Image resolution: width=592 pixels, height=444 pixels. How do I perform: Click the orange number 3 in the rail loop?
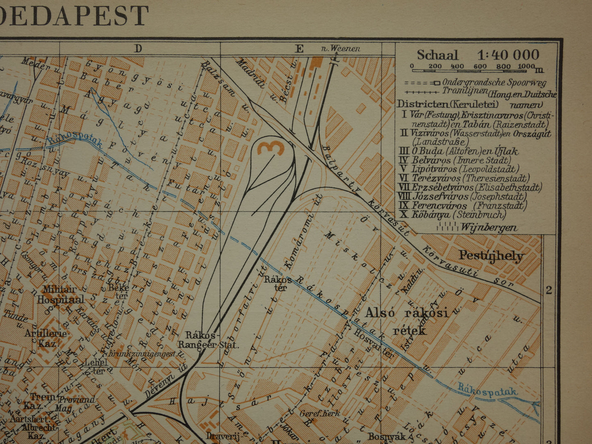[271, 147]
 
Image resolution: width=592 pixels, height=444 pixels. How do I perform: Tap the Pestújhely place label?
[491, 256]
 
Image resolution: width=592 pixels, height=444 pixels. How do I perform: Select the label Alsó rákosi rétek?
[406, 321]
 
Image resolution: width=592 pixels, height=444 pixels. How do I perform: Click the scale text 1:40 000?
[508, 55]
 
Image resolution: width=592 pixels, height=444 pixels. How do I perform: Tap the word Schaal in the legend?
[437, 55]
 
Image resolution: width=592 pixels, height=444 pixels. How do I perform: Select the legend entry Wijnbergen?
[488, 227]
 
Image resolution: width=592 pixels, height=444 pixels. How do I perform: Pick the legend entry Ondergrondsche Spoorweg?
[494, 82]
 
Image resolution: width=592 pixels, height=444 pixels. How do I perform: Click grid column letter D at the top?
[138, 49]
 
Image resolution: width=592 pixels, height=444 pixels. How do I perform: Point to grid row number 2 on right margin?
[549, 290]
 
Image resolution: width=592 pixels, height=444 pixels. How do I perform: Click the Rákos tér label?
[278, 283]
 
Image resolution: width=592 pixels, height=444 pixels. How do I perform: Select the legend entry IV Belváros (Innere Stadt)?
[455, 160]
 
